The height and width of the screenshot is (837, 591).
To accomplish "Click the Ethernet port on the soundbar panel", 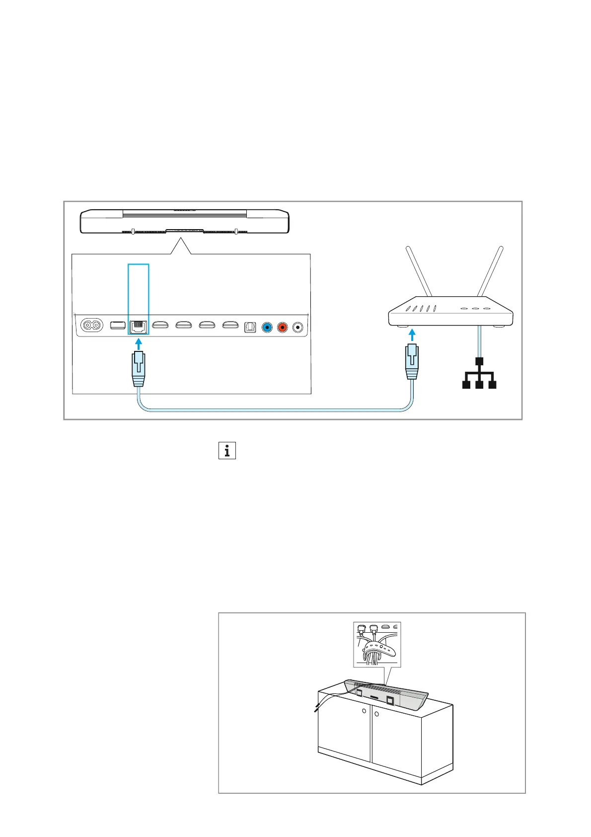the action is click(138, 327).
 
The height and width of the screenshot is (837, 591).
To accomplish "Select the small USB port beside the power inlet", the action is click(118, 326).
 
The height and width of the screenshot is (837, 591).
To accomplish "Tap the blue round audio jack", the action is click(267, 327).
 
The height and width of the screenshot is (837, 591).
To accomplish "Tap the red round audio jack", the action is click(283, 327).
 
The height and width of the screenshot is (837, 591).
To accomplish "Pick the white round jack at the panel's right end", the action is click(298, 327).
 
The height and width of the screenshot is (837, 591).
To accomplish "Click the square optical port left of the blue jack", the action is click(250, 327).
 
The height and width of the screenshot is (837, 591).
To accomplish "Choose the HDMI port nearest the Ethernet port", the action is click(160, 326).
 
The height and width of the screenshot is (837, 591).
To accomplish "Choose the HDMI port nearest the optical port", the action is click(229, 326).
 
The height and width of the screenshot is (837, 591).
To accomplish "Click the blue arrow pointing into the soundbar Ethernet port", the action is click(139, 343).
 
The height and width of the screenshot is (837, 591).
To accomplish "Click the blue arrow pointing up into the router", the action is click(411, 334).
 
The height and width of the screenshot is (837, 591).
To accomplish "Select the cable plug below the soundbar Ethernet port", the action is click(138, 369).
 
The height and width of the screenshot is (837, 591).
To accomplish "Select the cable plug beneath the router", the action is click(411, 361).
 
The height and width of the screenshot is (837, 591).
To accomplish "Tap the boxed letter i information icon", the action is click(227, 450).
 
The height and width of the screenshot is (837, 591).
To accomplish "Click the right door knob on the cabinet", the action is click(377, 714).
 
